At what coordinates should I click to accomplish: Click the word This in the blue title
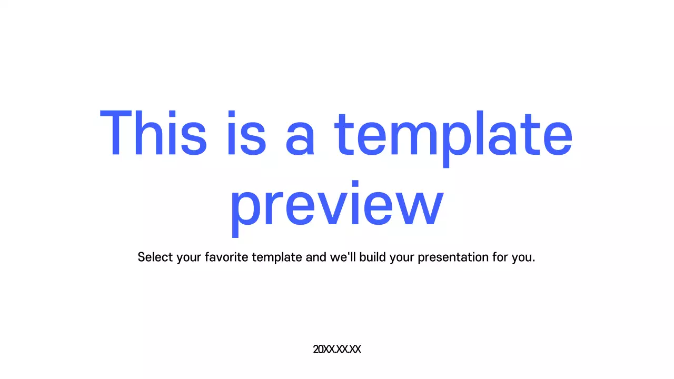(x=153, y=134)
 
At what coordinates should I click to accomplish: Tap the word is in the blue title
(x=246, y=134)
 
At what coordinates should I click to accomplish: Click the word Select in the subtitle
(x=155, y=257)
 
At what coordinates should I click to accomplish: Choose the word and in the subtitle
(x=316, y=257)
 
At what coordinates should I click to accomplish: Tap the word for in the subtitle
(x=500, y=257)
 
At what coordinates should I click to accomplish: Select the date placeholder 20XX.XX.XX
(x=337, y=349)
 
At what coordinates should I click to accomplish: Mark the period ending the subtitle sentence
(x=533, y=261)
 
